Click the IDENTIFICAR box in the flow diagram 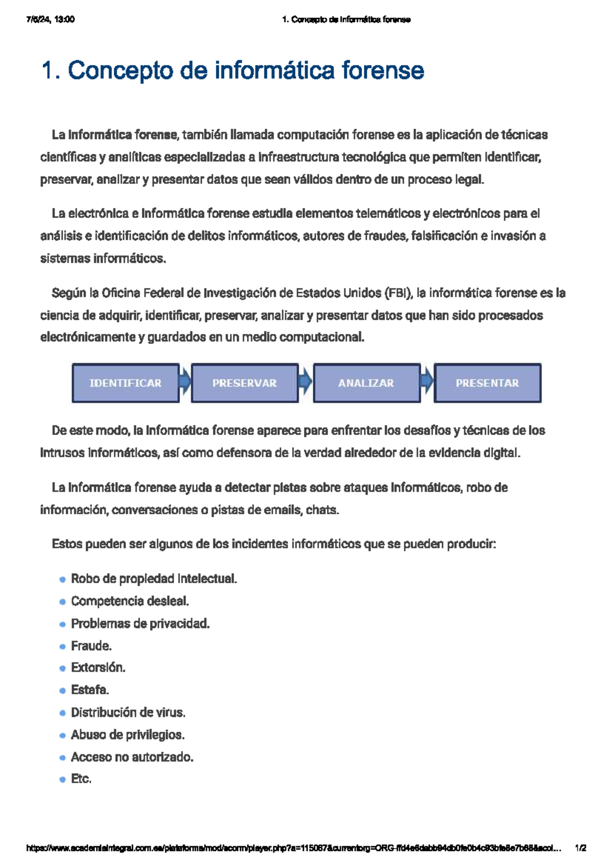pyautogui.click(x=125, y=383)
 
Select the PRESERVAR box pyautogui.click(x=245, y=383)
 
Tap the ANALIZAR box pyautogui.click(x=366, y=383)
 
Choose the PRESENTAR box pyautogui.click(x=487, y=383)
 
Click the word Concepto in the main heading pyautogui.click(x=121, y=70)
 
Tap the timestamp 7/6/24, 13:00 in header pyautogui.click(x=50, y=19)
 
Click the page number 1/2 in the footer pyautogui.click(x=580, y=848)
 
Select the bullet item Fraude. pyautogui.click(x=91, y=646)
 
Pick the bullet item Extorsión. pyautogui.click(x=98, y=668)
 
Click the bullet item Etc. pyautogui.click(x=81, y=779)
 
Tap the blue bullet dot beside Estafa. pyautogui.click(x=62, y=691)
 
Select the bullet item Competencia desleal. pyautogui.click(x=130, y=602)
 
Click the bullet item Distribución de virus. pyautogui.click(x=128, y=712)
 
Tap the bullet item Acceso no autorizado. pyautogui.click(x=132, y=757)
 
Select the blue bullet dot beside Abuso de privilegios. pyautogui.click(x=62, y=736)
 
